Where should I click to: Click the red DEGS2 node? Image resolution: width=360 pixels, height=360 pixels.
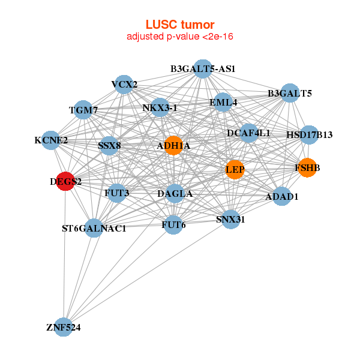click(65, 181)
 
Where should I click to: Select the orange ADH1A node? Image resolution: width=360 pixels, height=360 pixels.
click(173, 146)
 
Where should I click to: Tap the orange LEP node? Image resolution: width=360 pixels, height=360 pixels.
click(235, 170)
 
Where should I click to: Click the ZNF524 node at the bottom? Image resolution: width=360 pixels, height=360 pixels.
click(63, 328)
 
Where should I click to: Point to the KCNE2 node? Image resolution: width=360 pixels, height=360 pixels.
click(51, 140)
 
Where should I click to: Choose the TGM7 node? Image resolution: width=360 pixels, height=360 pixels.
click(83, 110)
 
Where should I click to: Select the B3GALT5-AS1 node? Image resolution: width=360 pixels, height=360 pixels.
click(203, 69)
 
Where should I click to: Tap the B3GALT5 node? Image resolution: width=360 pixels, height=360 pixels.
click(290, 93)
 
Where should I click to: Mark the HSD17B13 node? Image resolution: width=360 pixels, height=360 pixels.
click(308, 134)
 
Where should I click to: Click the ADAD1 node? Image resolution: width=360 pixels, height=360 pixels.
click(282, 196)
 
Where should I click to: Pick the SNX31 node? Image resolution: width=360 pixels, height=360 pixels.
click(230, 219)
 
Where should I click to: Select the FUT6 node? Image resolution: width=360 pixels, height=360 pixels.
click(173, 225)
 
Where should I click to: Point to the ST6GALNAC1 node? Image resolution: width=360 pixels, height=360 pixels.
click(94, 228)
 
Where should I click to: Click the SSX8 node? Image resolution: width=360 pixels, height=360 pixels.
click(109, 145)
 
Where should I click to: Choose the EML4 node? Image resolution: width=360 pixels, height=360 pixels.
click(223, 103)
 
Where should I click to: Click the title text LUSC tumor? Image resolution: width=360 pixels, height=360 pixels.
click(179, 25)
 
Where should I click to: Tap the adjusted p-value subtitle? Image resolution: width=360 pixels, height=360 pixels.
click(179, 37)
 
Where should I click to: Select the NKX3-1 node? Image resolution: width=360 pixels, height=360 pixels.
click(160, 108)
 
